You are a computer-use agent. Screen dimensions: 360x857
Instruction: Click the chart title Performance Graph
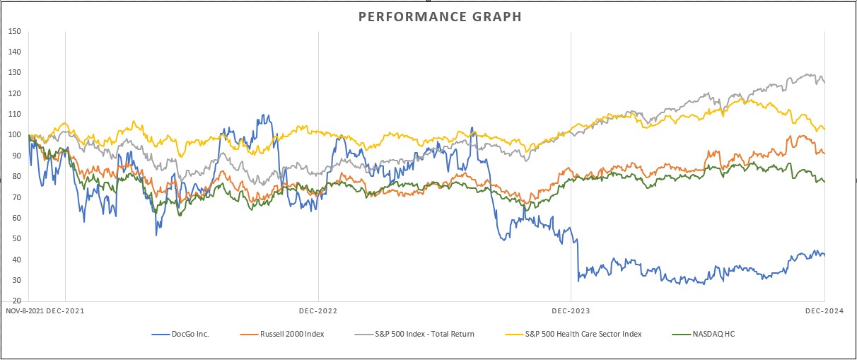440,16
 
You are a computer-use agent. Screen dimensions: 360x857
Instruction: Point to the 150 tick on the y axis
14,32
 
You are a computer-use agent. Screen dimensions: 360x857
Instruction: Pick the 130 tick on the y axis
14,73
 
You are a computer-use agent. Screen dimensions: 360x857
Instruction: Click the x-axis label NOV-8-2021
23,310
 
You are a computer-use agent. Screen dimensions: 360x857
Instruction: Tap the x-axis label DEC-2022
318,310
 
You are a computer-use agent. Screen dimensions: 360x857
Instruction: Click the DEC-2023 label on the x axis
571,310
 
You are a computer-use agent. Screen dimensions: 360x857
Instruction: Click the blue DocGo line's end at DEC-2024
824,255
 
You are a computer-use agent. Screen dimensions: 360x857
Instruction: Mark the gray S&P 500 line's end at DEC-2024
824,83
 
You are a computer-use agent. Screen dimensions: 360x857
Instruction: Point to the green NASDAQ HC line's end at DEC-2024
824,182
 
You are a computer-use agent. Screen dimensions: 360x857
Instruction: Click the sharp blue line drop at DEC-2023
577,258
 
